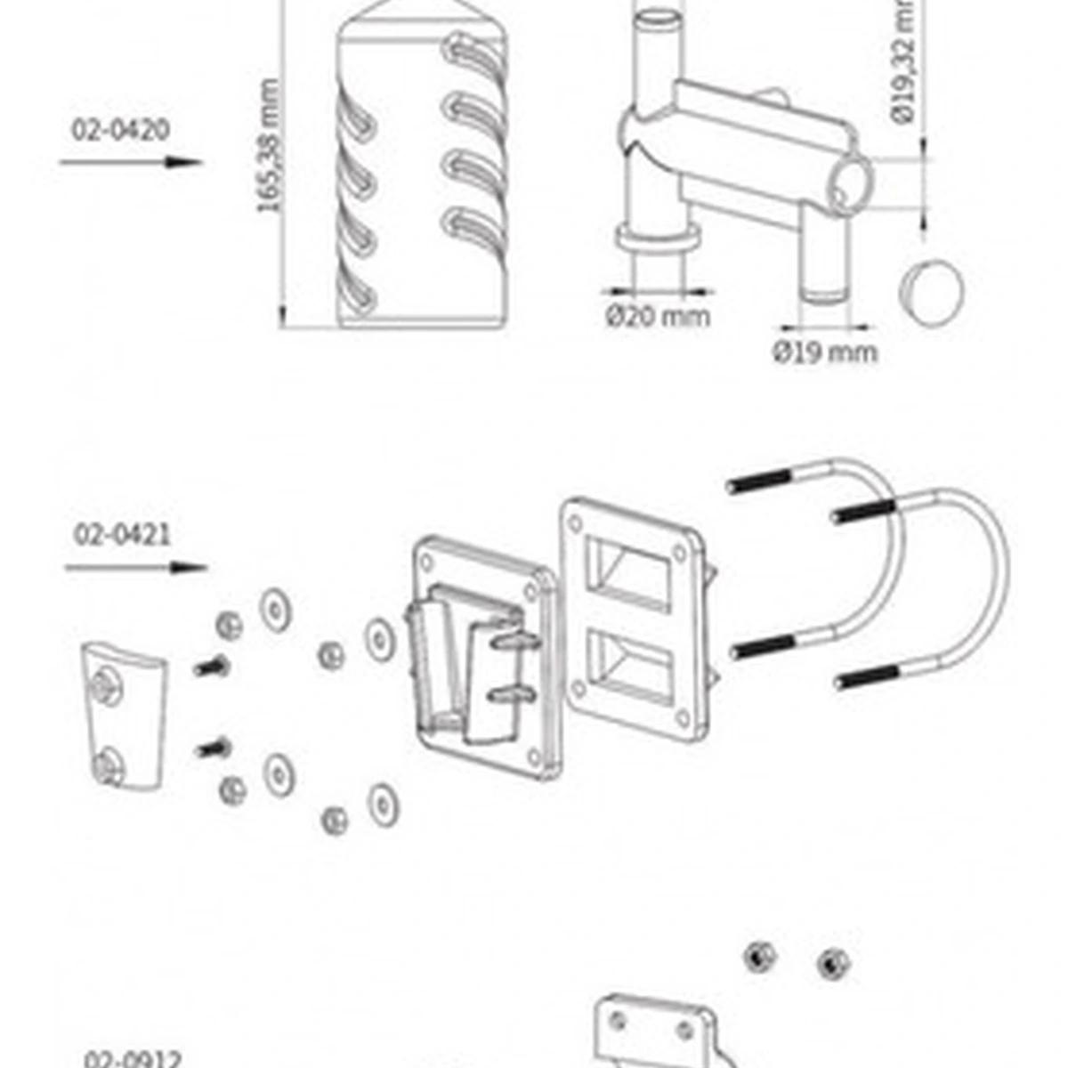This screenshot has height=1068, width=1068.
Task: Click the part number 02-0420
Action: click(x=120, y=130)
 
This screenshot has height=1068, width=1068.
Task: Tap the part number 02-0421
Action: click(x=123, y=535)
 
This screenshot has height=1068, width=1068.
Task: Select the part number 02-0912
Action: click(x=133, y=1059)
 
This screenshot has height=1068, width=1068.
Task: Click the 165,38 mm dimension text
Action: click(x=269, y=147)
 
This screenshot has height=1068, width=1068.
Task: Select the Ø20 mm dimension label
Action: click(x=659, y=316)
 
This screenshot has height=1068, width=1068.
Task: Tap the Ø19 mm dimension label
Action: click(x=824, y=352)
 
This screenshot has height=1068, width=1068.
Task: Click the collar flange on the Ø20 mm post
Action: click(x=657, y=239)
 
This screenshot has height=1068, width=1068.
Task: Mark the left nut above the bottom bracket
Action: click(x=759, y=957)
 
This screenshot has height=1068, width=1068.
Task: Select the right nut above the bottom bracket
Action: click(x=832, y=962)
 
